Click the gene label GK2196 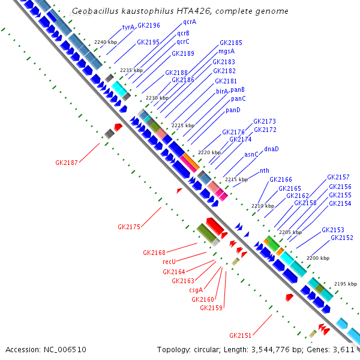pos(148,25)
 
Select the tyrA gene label pos(128,27)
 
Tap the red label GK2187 pos(66,163)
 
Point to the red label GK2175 pos(129,227)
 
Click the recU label pos(169,262)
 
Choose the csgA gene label pos(196,290)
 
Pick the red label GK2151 pos(241,335)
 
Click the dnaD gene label pos(271,149)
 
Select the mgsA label pos(226,52)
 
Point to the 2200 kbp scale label pos(318,258)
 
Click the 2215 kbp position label pos(236,179)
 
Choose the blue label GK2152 pos(341,238)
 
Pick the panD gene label pos(233,110)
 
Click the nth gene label pos(264,170)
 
